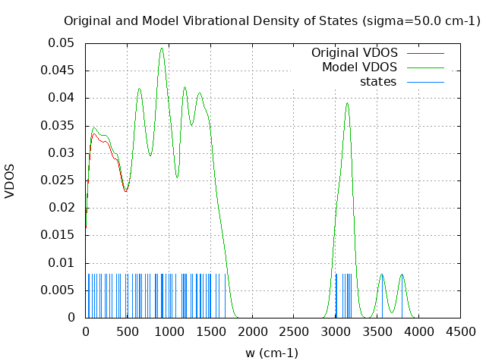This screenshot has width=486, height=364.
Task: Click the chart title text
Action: [272, 20]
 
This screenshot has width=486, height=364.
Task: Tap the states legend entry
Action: [378, 82]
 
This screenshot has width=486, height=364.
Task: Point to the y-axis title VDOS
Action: [10, 180]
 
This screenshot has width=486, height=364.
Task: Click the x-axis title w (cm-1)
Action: [272, 353]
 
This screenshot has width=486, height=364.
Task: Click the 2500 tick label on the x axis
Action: [294, 331]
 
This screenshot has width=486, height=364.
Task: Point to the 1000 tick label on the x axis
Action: [169, 331]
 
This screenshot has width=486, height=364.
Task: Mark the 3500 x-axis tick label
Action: [377, 331]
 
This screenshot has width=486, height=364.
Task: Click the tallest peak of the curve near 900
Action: [162, 48]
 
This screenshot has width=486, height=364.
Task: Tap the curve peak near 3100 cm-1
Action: [347, 103]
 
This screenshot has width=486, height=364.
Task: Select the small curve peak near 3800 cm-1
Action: [402, 275]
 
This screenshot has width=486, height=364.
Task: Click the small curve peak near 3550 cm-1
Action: [382, 275]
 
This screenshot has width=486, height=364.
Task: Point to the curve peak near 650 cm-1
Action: [139, 89]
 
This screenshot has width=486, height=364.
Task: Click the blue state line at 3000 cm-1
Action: [336, 296]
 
